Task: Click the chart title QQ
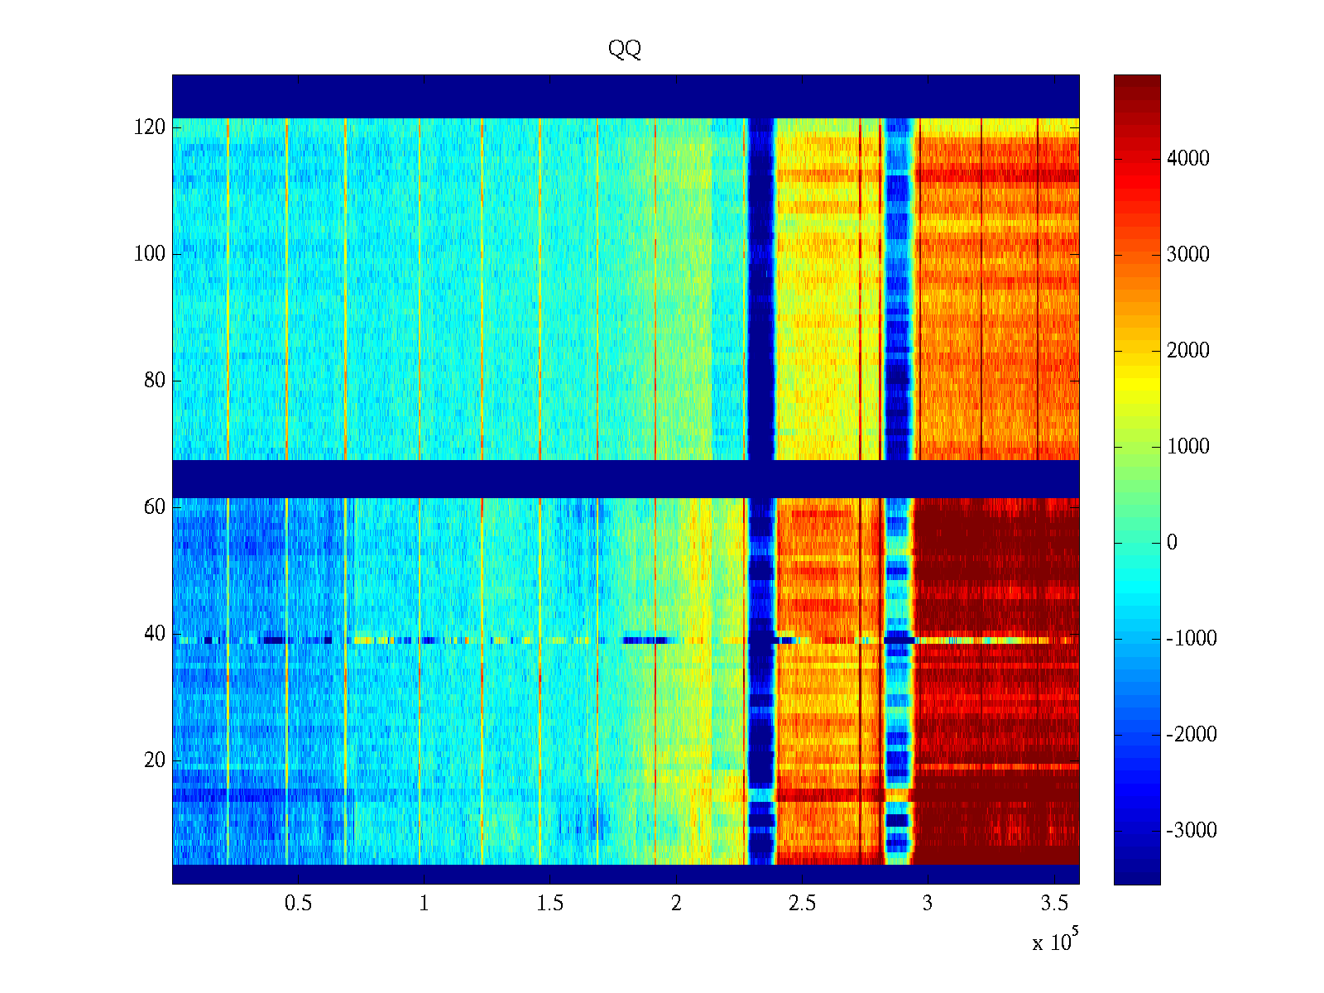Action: (x=625, y=50)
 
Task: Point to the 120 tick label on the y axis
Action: (x=150, y=127)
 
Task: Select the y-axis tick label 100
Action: (x=150, y=254)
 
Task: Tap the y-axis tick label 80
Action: (x=155, y=381)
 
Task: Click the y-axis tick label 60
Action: (x=155, y=507)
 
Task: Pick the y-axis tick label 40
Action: (x=155, y=634)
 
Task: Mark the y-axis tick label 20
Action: (x=155, y=760)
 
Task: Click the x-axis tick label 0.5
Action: (x=298, y=904)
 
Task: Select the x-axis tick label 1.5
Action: (x=550, y=904)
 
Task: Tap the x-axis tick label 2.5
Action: (x=802, y=904)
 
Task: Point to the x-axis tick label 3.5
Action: (x=1054, y=904)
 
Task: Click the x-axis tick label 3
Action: (x=928, y=904)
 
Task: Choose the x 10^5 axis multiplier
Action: (x=1055, y=942)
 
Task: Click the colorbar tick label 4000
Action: (x=1188, y=159)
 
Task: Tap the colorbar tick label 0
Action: (x=1172, y=543)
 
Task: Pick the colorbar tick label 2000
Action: (x=1188, y=351)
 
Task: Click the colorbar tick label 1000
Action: (x=1188, y=447)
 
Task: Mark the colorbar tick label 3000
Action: (x=1188, y=255)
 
